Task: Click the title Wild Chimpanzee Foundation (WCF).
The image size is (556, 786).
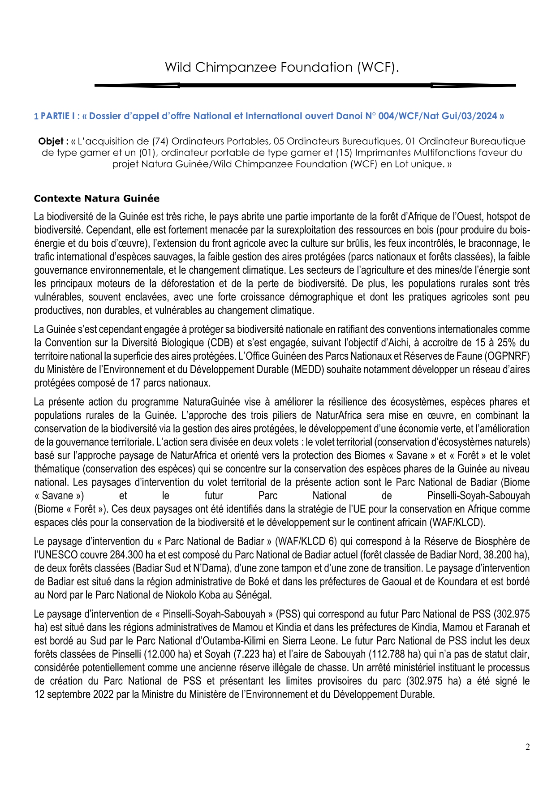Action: [x=282, y=67]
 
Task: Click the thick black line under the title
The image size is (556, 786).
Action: [x=305, y=85]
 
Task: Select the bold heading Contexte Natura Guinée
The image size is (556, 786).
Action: [x=97, y=198]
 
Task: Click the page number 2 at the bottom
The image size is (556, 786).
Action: [x=527, y=747]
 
